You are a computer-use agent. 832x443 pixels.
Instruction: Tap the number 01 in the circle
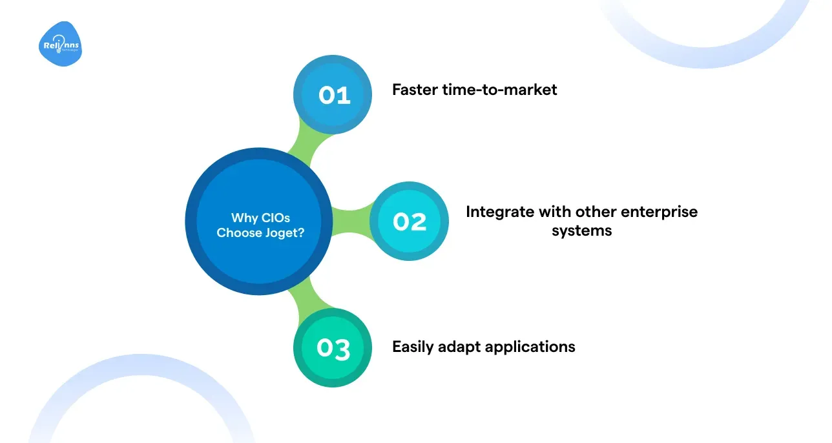click(334, 96)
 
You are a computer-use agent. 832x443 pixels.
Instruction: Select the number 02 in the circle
click(410, 221)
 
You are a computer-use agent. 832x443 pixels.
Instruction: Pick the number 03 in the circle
click(333, 349)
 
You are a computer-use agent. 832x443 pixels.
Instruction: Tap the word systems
click(581, 231)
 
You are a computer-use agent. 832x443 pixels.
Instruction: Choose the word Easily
click(414, 347)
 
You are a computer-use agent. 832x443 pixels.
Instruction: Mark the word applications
click(530, 347)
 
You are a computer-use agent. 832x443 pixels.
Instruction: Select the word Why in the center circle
click(243, 218)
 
